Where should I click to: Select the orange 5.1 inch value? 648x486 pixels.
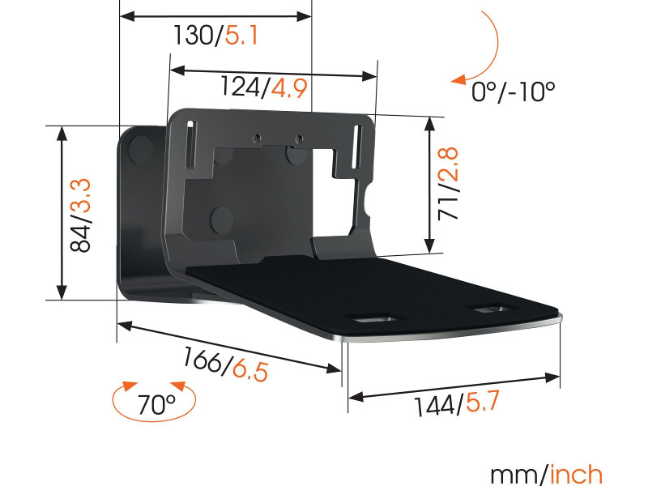(x=241, y=36)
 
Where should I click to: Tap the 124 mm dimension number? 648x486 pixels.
(x=242, y=87)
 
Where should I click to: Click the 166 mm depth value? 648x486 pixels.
(x=203, y=359)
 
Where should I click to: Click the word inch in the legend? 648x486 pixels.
(x=577, y=473)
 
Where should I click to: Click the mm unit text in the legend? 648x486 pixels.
(x=514, y=473)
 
